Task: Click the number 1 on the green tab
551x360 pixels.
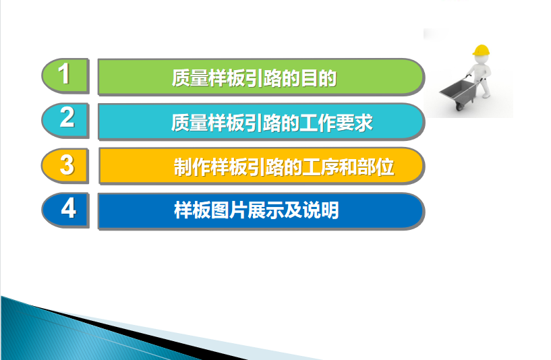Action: click(64, 73)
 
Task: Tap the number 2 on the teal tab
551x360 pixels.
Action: click(67, 117)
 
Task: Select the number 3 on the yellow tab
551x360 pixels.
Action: click(67, 164)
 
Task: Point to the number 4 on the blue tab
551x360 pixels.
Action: click(69, 208)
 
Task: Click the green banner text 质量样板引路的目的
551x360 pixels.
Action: click(254, 78)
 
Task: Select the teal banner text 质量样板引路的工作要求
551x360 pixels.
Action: click(272, 123)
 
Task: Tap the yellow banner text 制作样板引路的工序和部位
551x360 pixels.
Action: click(284, 167)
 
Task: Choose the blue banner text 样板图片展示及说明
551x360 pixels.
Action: click(256, 210)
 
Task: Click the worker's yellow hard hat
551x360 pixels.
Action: click(482, 50)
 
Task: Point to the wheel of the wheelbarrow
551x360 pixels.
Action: click(460, 105)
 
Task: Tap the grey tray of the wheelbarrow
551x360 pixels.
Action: click(457, 90)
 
